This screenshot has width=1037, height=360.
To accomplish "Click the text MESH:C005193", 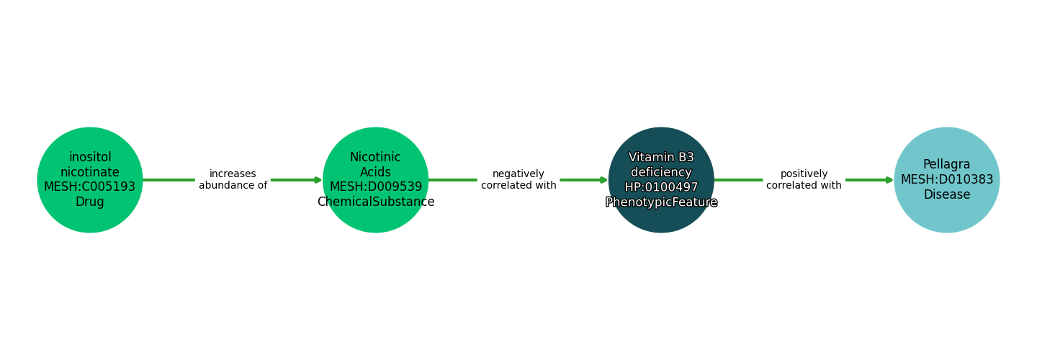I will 90,187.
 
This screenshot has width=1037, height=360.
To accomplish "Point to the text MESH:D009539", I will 376,187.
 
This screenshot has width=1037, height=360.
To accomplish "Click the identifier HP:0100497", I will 661,187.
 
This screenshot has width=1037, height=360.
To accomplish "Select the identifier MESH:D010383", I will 946,180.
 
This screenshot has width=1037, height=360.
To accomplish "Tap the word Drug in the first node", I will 90,202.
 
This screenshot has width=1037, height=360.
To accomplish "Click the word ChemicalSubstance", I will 376,202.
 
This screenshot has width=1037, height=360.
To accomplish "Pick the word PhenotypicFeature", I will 661,202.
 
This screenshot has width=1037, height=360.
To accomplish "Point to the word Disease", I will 946,195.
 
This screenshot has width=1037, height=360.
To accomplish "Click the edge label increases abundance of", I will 233,180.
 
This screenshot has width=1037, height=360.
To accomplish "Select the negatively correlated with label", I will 518,180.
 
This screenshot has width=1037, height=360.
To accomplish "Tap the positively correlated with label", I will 804,180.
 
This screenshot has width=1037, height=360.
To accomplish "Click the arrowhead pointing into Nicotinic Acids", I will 318,180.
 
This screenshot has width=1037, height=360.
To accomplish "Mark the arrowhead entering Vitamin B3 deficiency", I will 603,180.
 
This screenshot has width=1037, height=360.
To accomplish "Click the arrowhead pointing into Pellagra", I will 889,180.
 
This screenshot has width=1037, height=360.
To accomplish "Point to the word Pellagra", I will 946,165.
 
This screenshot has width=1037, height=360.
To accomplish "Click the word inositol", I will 90,157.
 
